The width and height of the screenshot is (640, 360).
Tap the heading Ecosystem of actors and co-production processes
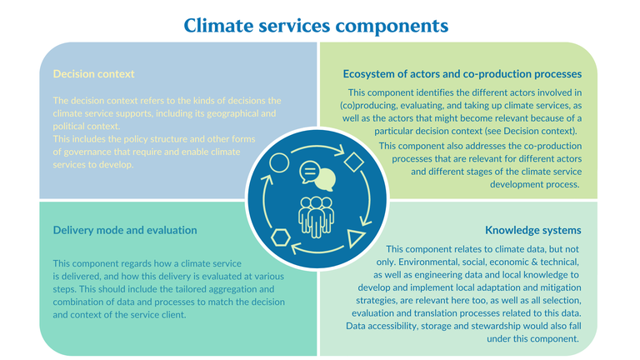[462, 72]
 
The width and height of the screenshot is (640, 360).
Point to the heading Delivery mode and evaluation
[125, 229]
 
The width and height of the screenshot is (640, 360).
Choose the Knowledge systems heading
[533, 229]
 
